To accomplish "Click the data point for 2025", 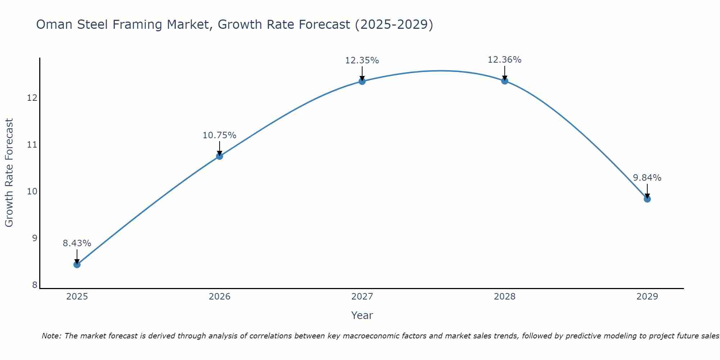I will click(77, 265).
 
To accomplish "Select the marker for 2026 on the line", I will click(220, 156).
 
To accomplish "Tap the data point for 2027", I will click(362, 81).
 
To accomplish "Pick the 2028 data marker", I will click(505, 81).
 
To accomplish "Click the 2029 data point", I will click(647, 199).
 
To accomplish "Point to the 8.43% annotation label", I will click(77, 243).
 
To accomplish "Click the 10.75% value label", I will click(220, 135).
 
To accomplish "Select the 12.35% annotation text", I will click(362, 60).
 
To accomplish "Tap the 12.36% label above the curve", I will click(505, 60).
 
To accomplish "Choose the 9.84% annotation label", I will click(647, 178).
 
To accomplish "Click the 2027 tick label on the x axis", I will click(362, 297).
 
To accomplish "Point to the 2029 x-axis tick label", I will click(647, 297).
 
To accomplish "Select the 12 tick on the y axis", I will click(32, 98).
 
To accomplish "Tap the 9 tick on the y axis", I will click(35, 238).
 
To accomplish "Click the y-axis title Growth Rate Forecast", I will click(9, 173).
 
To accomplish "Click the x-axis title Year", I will click(362, 315).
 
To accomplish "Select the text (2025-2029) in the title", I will click(394, 24).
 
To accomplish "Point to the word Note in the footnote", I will click(51, 336).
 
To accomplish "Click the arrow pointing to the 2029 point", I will click(647, 191).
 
